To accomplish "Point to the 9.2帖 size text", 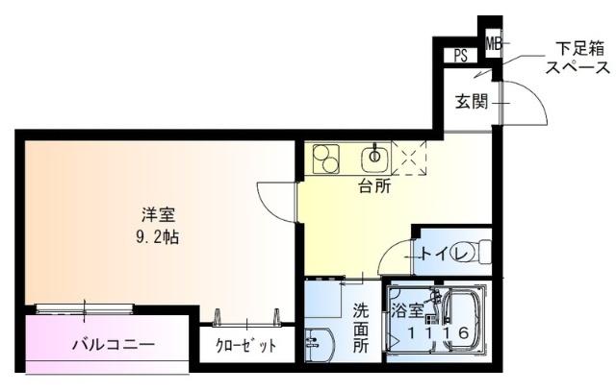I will (x=160, y=234).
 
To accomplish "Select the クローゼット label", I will (x=245, y=345).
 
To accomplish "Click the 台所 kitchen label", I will (x=374, y=186).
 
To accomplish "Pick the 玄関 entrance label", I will (x=472, y=101).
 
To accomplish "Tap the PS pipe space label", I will (x=461, y=56).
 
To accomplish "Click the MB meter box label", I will (x=493, y=43).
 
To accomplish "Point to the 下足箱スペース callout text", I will (x=577, y=57).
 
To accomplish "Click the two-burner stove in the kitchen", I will (x=325, y=159).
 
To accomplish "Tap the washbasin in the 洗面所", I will (x=319, y=343).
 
